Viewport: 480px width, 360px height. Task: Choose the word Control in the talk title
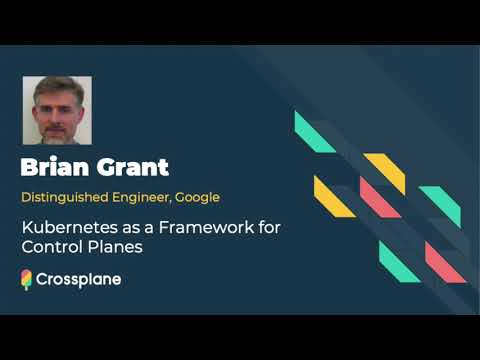[49, 247]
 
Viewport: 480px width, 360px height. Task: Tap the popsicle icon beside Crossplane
[27, 280]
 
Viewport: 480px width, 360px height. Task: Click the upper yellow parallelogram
[384, 173]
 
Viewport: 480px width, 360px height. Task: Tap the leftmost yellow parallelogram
[334, 196]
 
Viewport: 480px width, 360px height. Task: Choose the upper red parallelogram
[380, 197]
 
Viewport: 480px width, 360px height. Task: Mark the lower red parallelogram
[446, 262]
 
